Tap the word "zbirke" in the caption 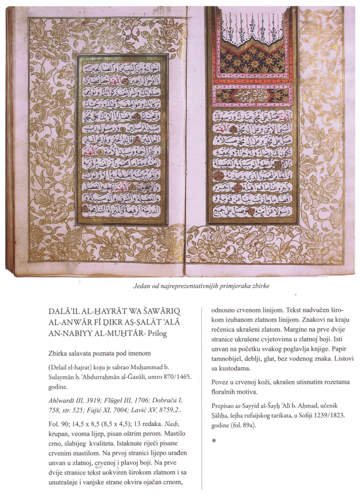point(260,286)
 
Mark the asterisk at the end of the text point(214,441)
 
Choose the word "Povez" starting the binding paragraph point(220,382)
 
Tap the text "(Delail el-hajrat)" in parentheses point(71,368)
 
